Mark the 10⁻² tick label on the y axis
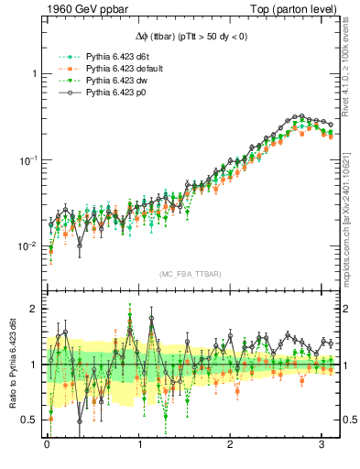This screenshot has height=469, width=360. tap(27, 246)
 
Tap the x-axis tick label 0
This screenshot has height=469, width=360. tap(47, 447)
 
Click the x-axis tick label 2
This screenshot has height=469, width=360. tap(231, 447)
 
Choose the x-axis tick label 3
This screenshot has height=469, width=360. tap(322, 447)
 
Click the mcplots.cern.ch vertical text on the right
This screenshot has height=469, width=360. tap(353, 220)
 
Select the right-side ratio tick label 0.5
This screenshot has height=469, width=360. tap(349, 420)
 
